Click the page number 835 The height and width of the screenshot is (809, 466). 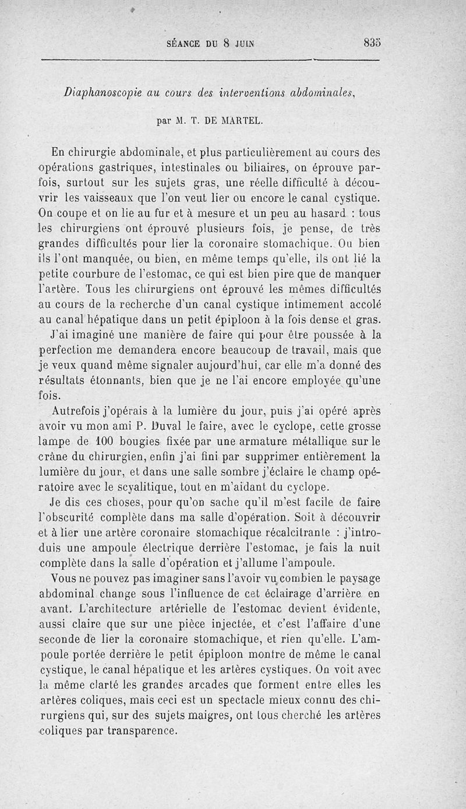(370, 43)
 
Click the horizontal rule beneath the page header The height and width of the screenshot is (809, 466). (210, 59)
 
